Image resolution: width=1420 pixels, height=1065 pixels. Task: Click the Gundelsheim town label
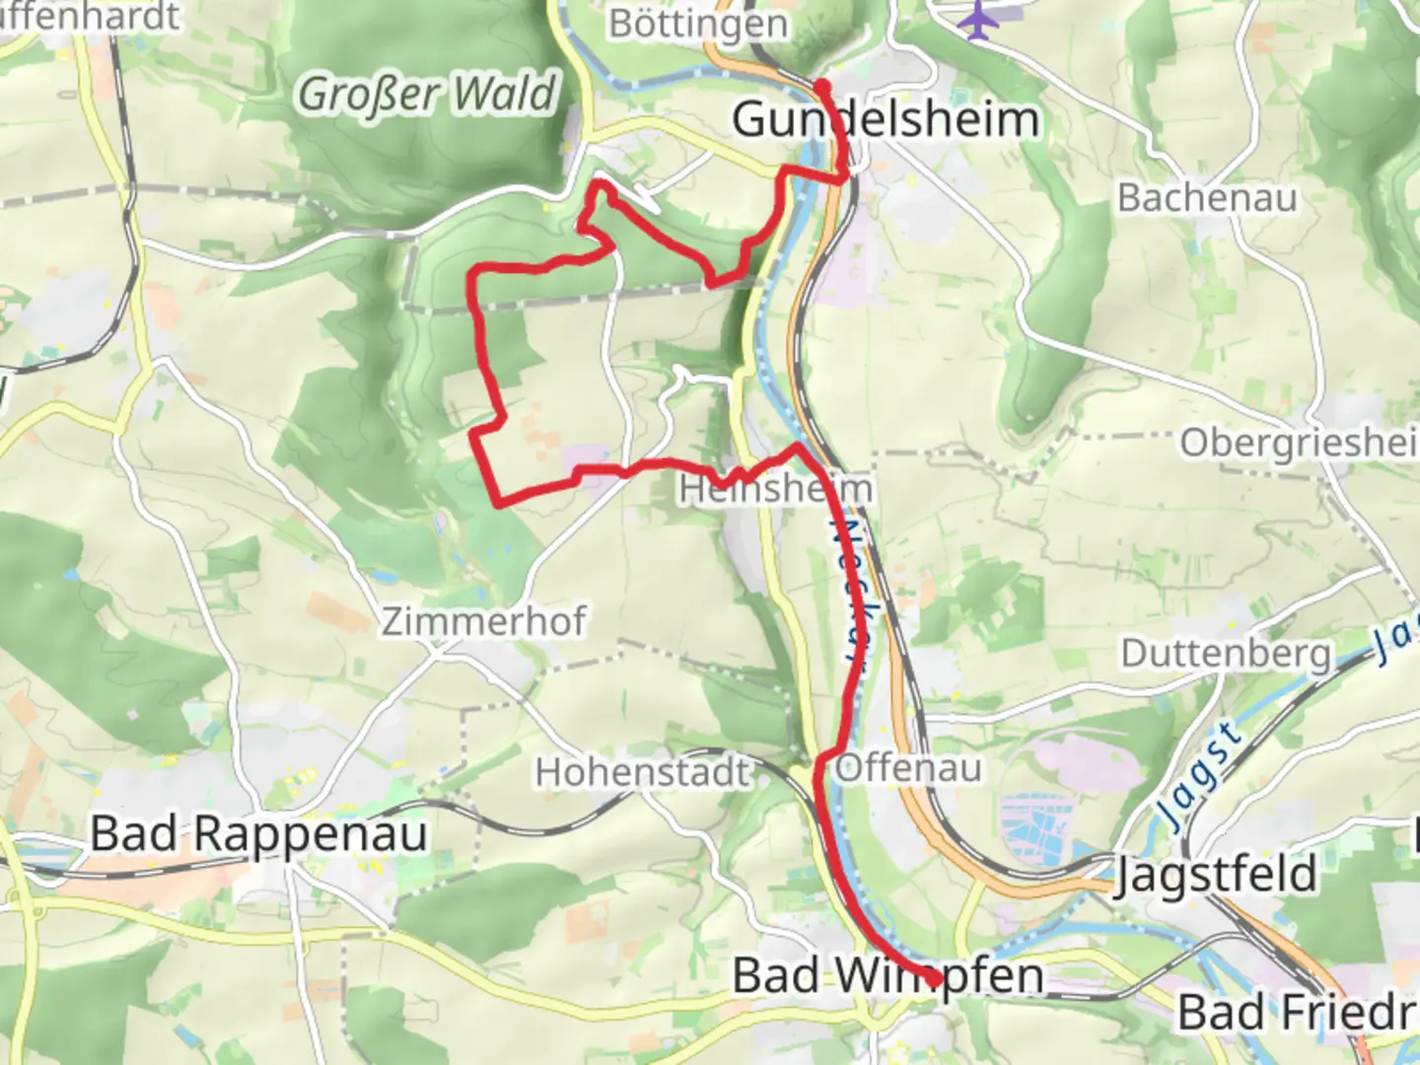coord(886,120)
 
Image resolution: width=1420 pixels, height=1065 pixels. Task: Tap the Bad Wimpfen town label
coord(887,976)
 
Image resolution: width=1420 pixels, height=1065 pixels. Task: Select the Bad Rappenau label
coord(259,834)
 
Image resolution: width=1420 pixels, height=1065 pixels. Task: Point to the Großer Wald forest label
coord(427,95)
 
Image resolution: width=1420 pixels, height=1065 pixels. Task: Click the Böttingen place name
coord(698,24)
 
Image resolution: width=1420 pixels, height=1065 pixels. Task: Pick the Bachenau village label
coord(1206,198)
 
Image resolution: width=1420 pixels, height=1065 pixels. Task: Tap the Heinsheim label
coord(775,489)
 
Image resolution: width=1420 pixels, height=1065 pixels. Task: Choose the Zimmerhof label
coord(483,622)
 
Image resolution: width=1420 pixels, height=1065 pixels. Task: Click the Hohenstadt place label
coord(643,772)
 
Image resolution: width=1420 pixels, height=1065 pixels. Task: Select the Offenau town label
coord(908,768)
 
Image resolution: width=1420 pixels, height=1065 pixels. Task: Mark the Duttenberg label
coord(1225,653)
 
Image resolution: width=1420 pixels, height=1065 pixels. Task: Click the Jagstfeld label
coord(1215,875)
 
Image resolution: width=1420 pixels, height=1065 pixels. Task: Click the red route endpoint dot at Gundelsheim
coord(821,87)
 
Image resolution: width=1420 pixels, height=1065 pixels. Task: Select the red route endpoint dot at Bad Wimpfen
coord(932,978)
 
